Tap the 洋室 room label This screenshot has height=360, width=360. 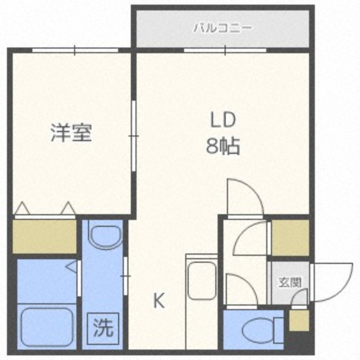point(71,133)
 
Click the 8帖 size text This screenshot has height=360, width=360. point(223,147)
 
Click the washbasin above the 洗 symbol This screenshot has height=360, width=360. point(104,235)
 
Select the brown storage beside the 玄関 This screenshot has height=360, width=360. point(290,238)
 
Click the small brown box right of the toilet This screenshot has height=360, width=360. point(298,320)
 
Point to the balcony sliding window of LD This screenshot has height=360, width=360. point(225,50)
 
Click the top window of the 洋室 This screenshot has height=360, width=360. point(75,50)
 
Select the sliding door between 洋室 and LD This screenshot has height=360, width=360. point(134,135)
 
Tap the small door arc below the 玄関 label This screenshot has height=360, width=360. point(300,298)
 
